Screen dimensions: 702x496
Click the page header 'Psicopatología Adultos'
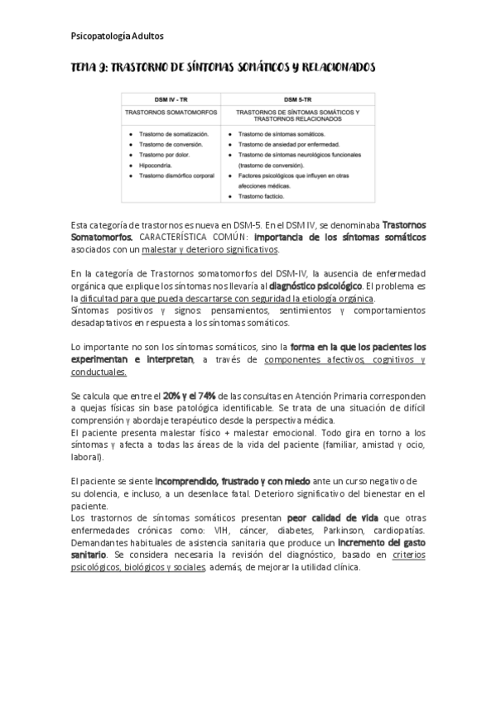tap(117, 36)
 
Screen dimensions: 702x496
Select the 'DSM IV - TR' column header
tap(171, 97)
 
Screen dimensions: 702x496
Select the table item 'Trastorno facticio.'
tap(265, 197)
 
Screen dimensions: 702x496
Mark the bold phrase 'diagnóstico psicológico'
tap(315, 286)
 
